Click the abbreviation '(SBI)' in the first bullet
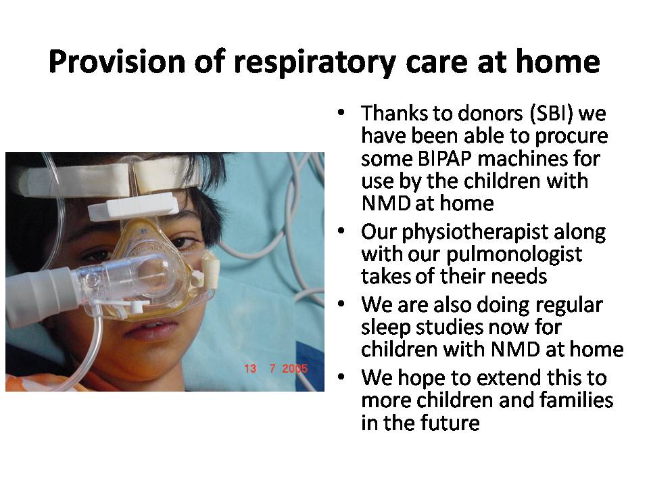552,114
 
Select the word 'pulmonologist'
514,255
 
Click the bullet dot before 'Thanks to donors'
341,113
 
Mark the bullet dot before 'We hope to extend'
341,377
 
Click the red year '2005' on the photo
295,368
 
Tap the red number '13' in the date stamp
250,368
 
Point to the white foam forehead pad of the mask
133,206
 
